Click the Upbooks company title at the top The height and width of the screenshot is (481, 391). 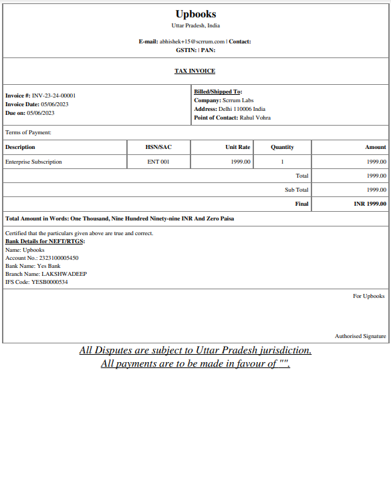pyautogui.click(x=195, y=14)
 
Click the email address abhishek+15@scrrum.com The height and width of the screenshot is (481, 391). pyautogui.click(x=191, y=41)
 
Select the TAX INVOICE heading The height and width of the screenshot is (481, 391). pyautogui.click(x=195, y=71)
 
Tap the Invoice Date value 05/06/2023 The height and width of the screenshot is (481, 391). pyautogui.click(x=55, y=104)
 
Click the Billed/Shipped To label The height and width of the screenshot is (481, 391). pyautogui.click(x=218, y=92)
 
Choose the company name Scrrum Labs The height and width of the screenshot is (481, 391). pyautogui.click(x=238, y=100)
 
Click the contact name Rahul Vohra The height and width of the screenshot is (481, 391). pyautogui.click(x=255, y=118)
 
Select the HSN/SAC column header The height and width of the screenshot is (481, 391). pyautogui.click(x=158, y=147)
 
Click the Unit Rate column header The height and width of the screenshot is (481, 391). pyautogui.click(x=238, y=147)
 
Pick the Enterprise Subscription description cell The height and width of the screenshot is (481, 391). pyautogui.click(x=33, y=162)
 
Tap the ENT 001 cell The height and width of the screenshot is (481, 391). pyautogui.click(x=158, y=162)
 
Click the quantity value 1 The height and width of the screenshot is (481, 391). pyautogui.click(x=282, y=162)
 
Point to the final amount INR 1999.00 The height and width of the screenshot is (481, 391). pyautogui.click(x=370, y=204)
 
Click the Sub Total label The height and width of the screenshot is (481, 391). pyautogui.click(x=297, y=190)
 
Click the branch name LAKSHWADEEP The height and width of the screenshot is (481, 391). pyautogui.click(x=64, y=274)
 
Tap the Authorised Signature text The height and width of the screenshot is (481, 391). pyautogui.click(x=360, y=336)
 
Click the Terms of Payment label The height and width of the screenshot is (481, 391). pyautogui.click(x=28, y=132)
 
